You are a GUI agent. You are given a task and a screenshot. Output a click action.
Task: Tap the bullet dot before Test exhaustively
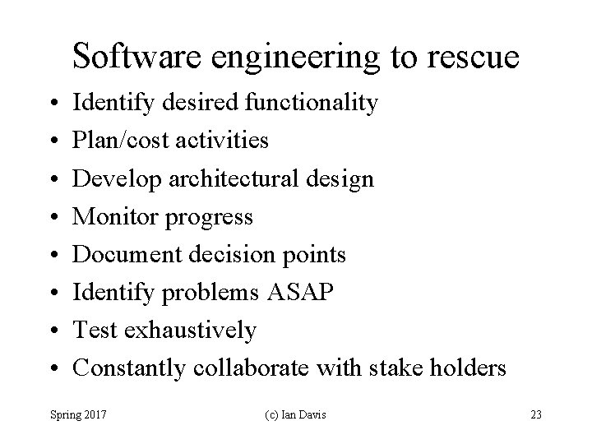point(52,331)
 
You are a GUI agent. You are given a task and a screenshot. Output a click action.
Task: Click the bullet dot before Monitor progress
point(52,218)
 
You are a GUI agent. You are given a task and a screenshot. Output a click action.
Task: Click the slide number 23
point(535,414)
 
